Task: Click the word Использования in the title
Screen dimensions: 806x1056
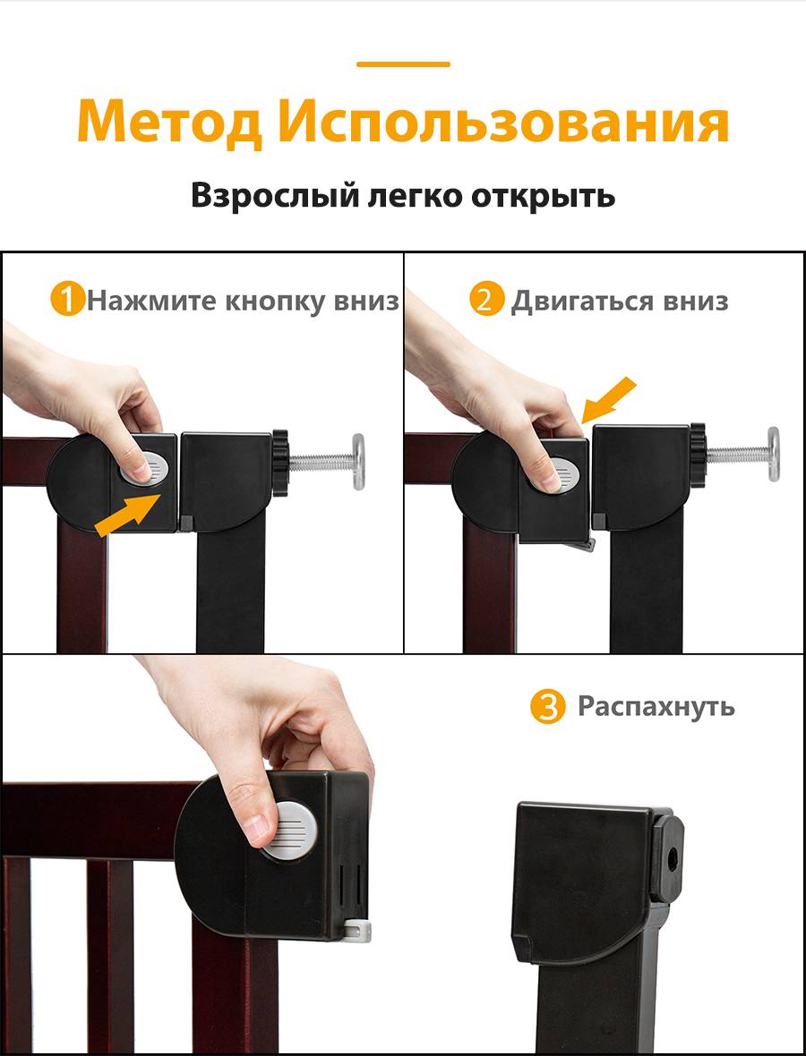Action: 503,122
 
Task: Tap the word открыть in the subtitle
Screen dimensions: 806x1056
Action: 544,196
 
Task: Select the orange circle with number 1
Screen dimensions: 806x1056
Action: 67,300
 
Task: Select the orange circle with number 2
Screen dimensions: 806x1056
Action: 486,300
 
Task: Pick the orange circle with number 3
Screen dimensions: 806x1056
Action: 547,707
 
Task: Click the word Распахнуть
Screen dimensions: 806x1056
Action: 656,706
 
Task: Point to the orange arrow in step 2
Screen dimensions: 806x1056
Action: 609,400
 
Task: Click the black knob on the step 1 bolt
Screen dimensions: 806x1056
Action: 280,464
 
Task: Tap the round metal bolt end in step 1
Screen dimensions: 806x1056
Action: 358,461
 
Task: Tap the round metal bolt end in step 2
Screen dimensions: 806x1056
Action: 774,455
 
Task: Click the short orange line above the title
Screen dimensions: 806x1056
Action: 403,64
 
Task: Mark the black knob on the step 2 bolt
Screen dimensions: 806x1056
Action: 698,456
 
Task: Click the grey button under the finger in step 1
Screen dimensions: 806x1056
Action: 150,468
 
